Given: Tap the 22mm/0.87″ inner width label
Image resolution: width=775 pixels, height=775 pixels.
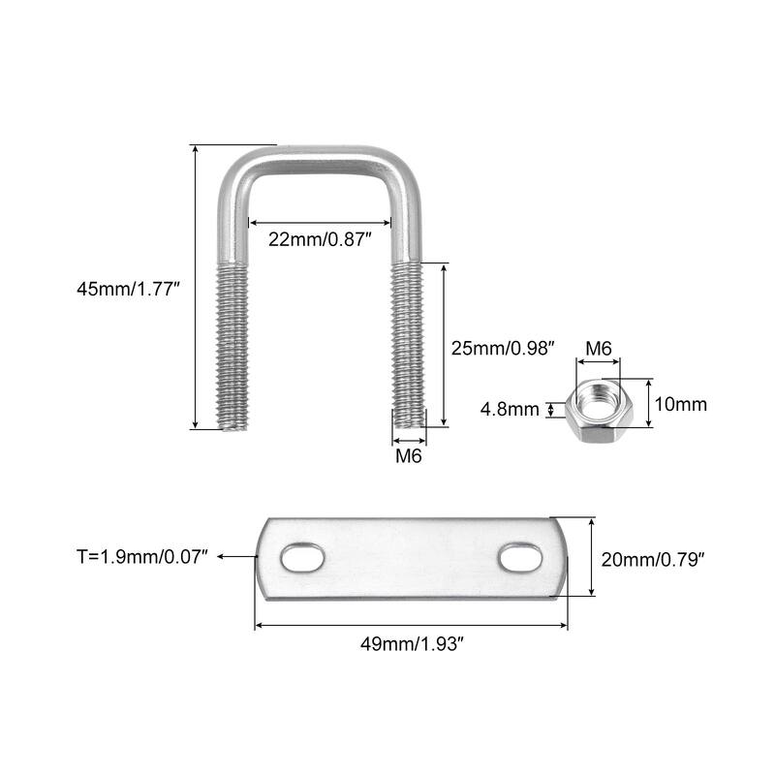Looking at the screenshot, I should (x=321, y=237).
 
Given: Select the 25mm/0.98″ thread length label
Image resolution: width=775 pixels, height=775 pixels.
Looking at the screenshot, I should (x=503, y=346).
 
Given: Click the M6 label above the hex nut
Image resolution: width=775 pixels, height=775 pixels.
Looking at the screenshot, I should (x=600, y=348).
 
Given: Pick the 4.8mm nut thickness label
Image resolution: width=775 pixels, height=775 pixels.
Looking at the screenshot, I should (x=510, y=410).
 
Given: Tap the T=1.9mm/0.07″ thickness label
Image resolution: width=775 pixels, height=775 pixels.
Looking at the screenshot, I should (x=142, y=557).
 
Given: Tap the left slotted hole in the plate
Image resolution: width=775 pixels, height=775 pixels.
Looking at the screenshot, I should (x=304, y=559).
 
